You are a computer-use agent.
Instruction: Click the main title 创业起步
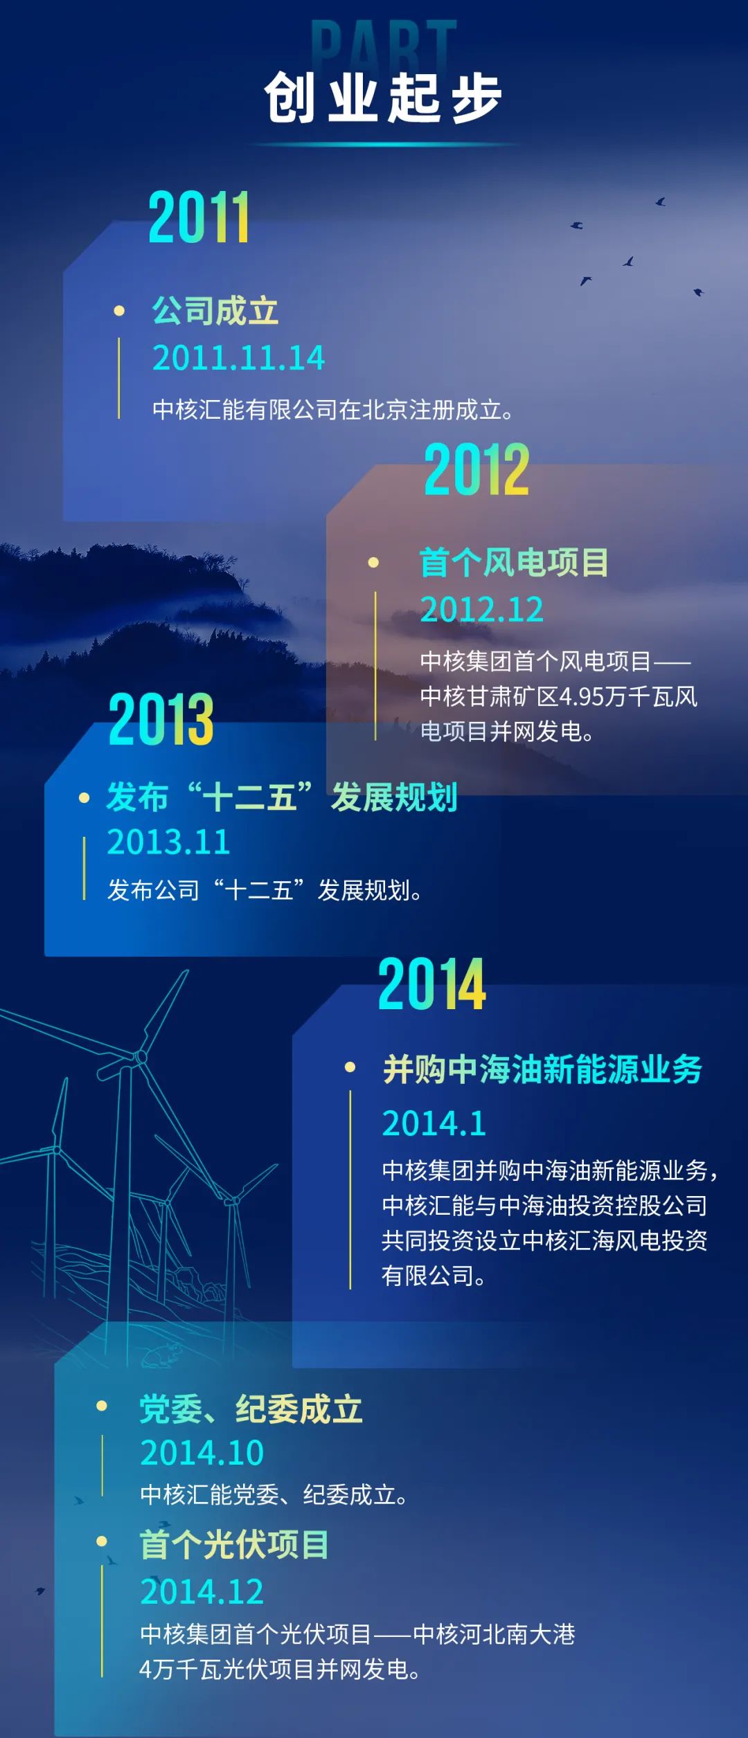383,98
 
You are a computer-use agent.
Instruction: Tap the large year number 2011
199,217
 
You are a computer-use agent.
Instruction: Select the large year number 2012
477,470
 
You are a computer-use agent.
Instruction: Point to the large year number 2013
161,719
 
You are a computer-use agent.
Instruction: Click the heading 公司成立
215,311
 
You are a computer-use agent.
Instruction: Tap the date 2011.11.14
238,358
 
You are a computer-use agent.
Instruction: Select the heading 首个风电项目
514,562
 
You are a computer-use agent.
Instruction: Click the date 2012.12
481,610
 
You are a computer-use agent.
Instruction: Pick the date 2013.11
168,842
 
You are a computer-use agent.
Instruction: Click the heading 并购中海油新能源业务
542,1069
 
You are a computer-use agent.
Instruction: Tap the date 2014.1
434,1123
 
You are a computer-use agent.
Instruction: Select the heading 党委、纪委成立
251,1409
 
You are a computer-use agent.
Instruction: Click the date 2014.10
202,1453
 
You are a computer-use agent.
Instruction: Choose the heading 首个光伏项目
234,1544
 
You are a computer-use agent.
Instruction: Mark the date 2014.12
202,1591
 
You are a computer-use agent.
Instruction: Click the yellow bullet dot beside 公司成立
119,311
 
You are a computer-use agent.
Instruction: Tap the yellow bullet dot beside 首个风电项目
373,563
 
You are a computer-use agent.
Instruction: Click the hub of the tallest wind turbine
141,1057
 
